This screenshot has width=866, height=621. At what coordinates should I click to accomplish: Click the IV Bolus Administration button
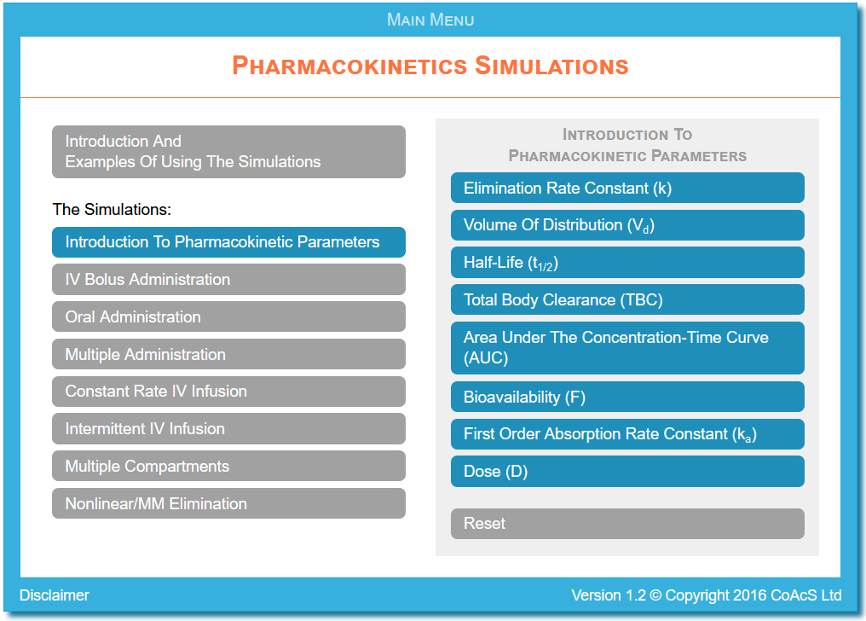point(228,279)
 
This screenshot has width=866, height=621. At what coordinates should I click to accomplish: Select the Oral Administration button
point(228,316)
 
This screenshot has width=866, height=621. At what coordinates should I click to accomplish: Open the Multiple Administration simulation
point(228,354)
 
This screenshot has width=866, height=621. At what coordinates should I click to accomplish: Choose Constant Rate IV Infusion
point(228,392)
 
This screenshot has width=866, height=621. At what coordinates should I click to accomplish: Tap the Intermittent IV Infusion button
point(228,429)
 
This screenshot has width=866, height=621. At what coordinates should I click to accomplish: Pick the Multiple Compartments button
point(228,466)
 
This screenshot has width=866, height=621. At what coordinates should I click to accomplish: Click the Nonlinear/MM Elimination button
point(228,503)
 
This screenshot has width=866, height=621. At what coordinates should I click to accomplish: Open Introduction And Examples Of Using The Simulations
point(228,151)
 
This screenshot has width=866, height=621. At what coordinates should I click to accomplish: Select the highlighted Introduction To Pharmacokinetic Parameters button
point(228,242)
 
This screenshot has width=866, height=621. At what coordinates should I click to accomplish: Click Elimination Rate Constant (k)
point(627,188)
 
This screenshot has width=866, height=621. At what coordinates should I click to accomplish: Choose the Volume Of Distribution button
point(627,225)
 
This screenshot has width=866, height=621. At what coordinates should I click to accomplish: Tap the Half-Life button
point(627,263)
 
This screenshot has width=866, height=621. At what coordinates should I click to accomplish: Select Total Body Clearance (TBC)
point(627,299)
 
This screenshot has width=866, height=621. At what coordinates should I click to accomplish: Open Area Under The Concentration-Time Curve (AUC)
point(627,347)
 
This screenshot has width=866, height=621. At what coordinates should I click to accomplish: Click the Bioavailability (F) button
point(627,397)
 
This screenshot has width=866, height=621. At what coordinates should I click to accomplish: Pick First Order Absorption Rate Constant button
point(627,434)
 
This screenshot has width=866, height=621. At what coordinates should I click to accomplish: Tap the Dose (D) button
point(627,471)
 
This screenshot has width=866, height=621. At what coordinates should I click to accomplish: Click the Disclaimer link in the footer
point(55,595)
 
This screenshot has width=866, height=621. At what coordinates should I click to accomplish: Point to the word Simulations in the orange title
point(551,65)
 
